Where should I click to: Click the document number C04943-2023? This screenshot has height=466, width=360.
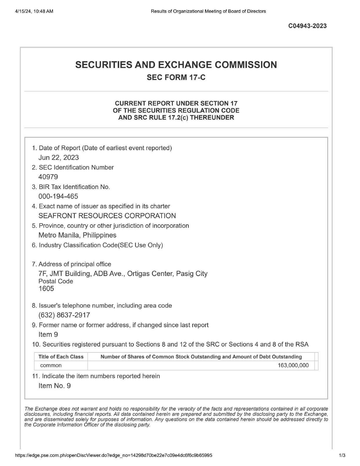(x=307, y=26)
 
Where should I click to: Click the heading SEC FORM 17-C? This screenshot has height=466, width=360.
(x=176, y=78)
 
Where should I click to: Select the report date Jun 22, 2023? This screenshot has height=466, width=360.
(x=59, y=158)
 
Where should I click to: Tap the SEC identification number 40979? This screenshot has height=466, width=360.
(x=48, y=177)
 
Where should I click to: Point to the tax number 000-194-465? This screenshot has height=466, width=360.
(x=58, y=197)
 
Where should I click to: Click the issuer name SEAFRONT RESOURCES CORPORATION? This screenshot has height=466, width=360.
(x=107, y=216)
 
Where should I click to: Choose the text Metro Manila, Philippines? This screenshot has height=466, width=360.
(x=78, y=235)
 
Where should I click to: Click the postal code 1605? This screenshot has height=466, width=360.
(x=46, y=289)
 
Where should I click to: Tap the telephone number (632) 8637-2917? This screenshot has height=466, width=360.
(x=64, y=315)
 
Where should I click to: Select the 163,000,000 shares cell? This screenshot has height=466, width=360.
(x=293, y=366)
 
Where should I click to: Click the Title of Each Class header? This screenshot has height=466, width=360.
(x=61, y=357)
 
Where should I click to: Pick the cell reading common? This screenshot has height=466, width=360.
(x=51, y=366)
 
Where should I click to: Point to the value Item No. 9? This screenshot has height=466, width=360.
(x=55, y=386)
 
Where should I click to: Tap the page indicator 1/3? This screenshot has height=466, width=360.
(x=342, y=455)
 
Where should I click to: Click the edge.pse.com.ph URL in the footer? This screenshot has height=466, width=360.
(x=114, y=455)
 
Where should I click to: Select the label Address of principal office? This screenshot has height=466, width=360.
(x=75, y=264)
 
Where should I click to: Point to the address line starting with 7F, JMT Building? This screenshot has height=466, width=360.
(x=123, y=274)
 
